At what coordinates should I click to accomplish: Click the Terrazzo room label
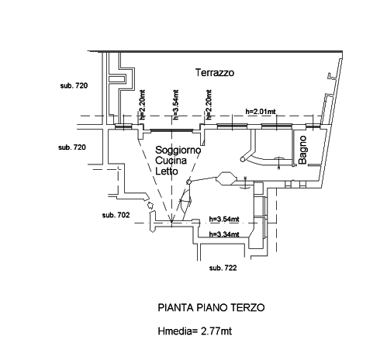(x=215, y=73)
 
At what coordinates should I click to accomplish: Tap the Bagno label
(x=302, y=150)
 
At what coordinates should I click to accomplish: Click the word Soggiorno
(x=178, y=150)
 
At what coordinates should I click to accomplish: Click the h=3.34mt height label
(x=224, y=234)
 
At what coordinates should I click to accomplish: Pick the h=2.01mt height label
(x=261, y=112)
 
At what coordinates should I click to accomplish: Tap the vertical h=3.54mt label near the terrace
(x=175, y=105)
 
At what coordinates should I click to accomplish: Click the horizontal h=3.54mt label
(x=224, y=220)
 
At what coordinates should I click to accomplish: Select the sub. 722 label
(x=223, y=268)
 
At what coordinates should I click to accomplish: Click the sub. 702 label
(x=116, y=215)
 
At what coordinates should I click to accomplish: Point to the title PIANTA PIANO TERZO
(x=211, y=308)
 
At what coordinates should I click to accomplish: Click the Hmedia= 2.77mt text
(x=195, y=331)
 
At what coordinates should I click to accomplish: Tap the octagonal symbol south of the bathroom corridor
(x=226, y=178)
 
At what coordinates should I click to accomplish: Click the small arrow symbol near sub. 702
(x=150, y=205)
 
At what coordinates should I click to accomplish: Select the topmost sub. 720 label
(x=74, y=85)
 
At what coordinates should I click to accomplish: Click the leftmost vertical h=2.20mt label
(x=142, y=105)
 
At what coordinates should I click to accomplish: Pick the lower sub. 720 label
(x=72, y=147)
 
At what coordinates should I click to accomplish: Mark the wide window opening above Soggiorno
(x=171, y=130)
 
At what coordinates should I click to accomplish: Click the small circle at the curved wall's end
(x=243, y=159)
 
